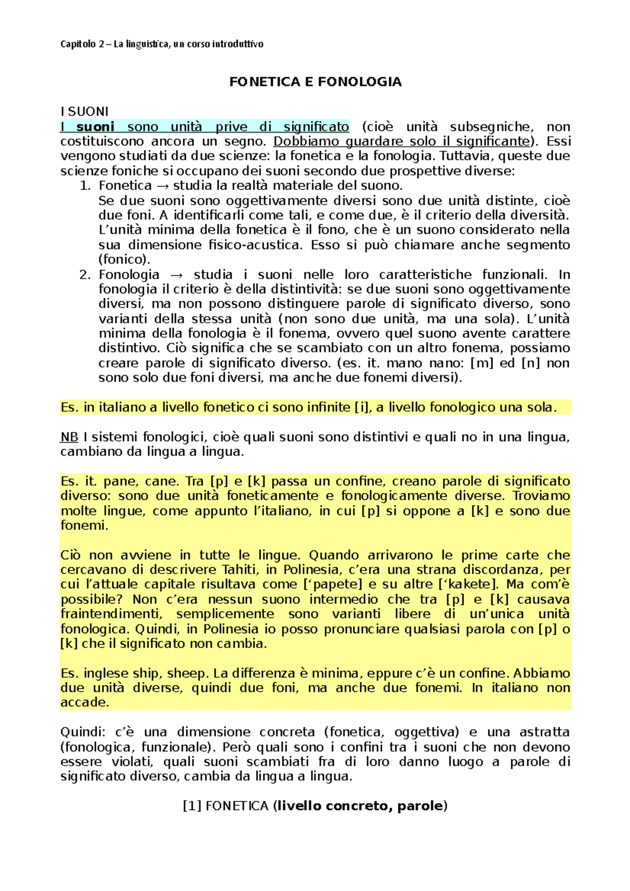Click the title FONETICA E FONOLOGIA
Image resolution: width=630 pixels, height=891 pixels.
coord(315,82)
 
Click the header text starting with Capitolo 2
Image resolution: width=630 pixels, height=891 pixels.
coord(162,44)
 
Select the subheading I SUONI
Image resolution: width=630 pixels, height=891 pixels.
coord(84,112)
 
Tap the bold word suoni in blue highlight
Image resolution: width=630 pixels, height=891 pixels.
coord(95,127)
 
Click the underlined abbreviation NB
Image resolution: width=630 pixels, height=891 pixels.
coord(69,437)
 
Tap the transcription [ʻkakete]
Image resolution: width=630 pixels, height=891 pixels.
coord(467,585)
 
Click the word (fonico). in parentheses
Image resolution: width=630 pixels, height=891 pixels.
coord(124,260)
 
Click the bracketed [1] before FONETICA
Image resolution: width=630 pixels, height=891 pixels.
coord(192,807)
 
